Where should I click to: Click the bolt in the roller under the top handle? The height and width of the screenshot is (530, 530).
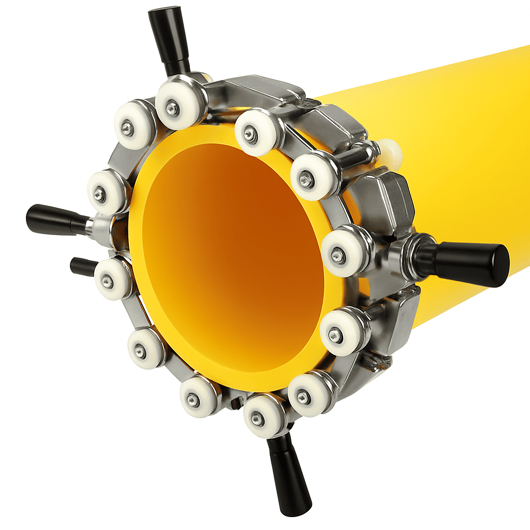(172, 108)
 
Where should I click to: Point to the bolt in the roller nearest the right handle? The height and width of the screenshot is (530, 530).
(338, 255)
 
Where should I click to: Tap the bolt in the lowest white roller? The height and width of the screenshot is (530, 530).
(257, 419)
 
